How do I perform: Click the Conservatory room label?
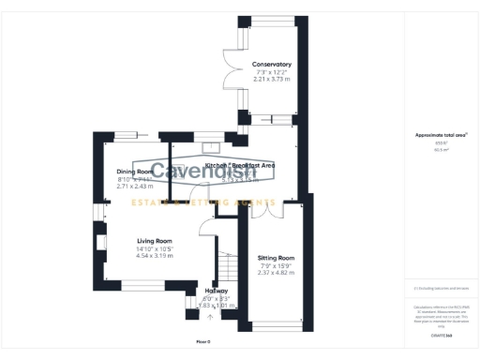point(271,65)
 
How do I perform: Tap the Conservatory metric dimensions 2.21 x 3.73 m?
point(271,80)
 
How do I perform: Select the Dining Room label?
point(135,172)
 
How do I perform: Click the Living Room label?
point(155,240)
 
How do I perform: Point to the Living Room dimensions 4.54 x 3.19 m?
point(155,255)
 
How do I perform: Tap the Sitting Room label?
point(276,257)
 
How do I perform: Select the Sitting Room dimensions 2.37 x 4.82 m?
point(276,273)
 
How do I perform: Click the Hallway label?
point(217,291)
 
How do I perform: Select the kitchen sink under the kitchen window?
point(207,147)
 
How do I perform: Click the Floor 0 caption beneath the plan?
point(203,341)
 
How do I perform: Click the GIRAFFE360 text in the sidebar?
point(442,335)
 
